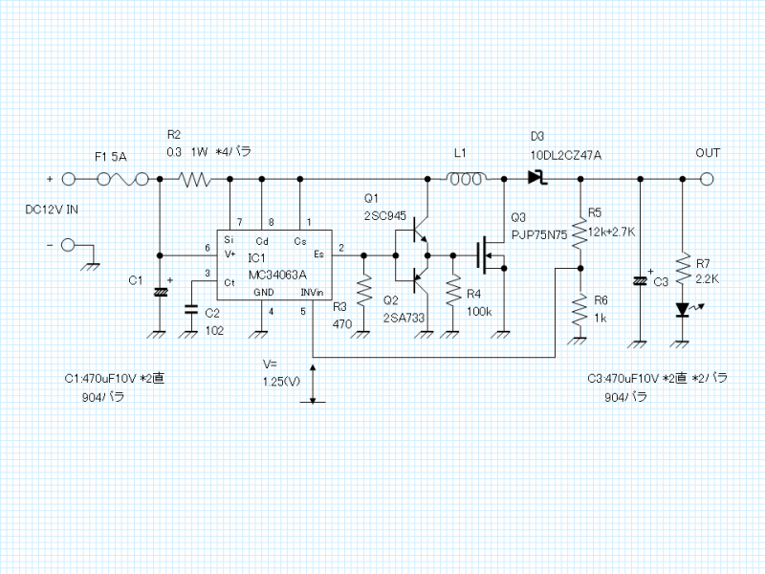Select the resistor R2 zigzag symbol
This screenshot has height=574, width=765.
pos(196,179)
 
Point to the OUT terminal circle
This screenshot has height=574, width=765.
pos(708,179)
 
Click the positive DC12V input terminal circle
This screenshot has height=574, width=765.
pos(69,179)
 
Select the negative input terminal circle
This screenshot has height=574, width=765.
pos(69,246)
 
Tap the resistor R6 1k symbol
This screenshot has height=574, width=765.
pos(578,309)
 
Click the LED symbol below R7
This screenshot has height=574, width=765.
pos(682,309)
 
